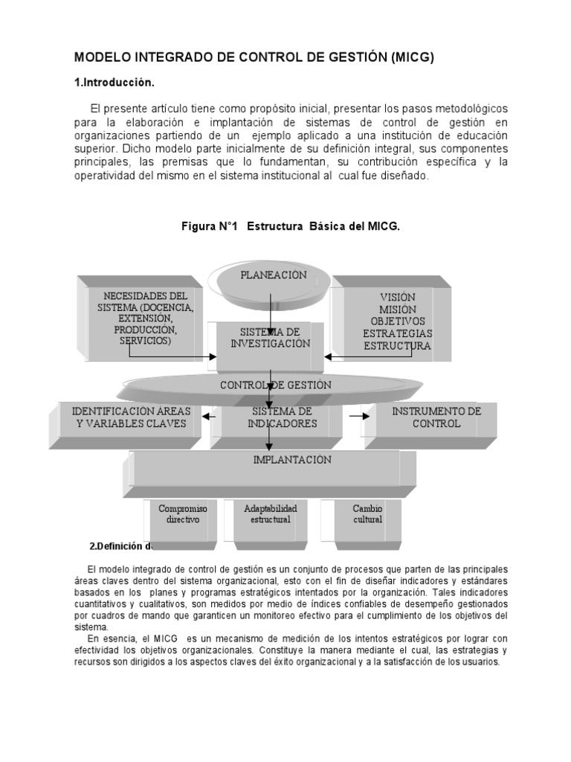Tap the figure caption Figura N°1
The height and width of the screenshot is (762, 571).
(291, 226)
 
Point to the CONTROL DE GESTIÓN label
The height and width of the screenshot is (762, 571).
(275, 385)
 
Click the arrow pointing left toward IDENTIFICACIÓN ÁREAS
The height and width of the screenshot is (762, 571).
(209, 417)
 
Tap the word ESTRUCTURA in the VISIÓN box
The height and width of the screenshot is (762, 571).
(397, 346)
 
